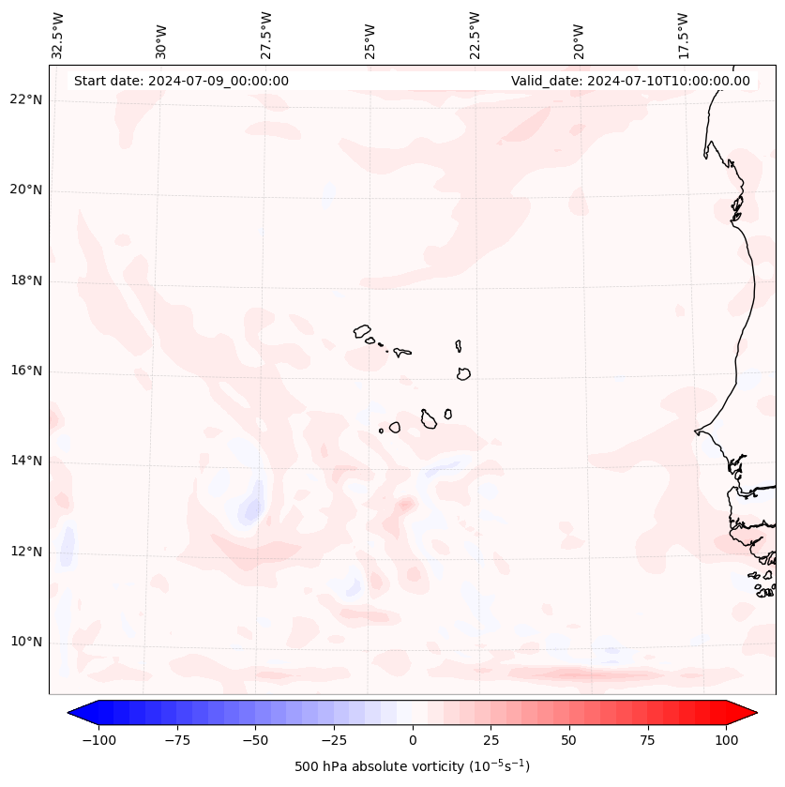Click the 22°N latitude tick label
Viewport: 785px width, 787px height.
pyautogui.click(x=25, y=100)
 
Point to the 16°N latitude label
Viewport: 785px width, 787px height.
pyautogui.click(x=25, y=371)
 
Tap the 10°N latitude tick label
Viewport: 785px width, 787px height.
pyautogui.click(x=25, y=643)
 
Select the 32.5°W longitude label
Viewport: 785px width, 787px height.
pyautogui.click(x=58, y=36)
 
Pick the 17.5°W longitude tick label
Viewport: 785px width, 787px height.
pyautogui.click(x=683, y=36)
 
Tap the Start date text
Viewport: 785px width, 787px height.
pyautogui.click(x=181, y=81)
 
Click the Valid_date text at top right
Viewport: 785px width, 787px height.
pyautogui.click(x=630, y=81)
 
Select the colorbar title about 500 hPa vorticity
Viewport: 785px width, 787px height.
pyautogui.click(x=413, y=766)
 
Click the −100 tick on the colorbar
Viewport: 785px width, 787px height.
pyautogui.click(x=98, y=740)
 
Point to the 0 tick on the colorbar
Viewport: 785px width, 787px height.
pyautogui.click(x=413, y=740)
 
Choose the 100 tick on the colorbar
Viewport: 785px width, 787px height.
pyautogui.click(x=726, y=740)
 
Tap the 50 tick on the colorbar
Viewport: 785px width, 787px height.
pyautogui.click(x=569, y=740)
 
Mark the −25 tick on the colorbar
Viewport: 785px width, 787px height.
pyautogui.click(x=334, y=740)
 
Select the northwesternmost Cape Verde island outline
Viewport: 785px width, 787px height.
pyautogui.click(x=362, y=330)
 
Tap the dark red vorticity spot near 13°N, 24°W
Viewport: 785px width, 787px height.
pyautogui.click(x=405, y=505)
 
